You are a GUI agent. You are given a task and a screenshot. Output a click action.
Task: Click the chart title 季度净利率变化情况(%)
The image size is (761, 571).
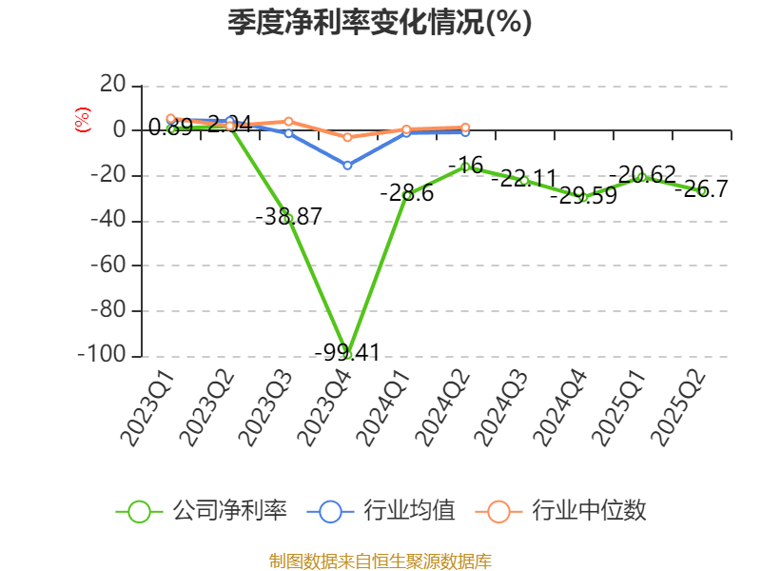click(x=380, y=23)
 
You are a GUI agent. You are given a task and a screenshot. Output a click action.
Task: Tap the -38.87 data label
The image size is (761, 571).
click(x=288, y=216)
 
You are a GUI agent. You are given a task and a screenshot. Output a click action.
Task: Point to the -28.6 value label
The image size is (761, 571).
click(x=406, y=193)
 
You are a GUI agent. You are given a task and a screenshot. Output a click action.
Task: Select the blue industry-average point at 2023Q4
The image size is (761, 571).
click(x=348, y=166)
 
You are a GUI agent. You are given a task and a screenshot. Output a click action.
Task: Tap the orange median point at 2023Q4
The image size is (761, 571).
click(x=348, y=138)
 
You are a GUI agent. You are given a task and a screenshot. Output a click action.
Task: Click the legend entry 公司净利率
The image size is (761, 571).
click(x=202, y=511)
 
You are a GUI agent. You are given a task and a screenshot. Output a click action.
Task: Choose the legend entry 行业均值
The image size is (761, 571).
click(x=381, y=511)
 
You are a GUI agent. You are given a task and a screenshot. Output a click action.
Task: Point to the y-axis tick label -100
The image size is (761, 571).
click(x=102, y=354)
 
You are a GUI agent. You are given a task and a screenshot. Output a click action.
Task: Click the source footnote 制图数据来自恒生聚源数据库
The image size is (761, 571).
click(x=380, y=561)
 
